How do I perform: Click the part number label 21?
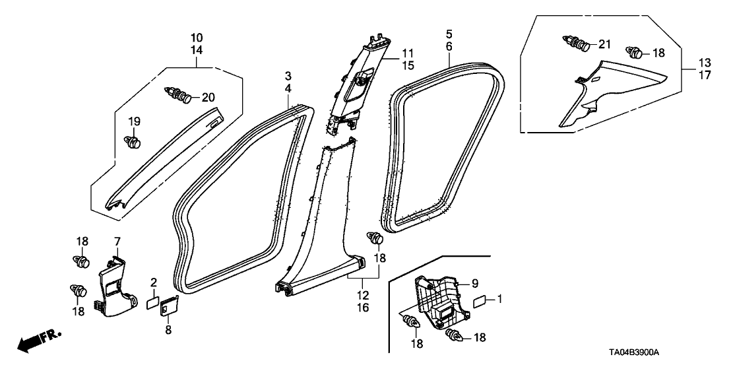pos(605,44)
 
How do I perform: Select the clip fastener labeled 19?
pos(134,141)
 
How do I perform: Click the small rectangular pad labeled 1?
pos(483,301)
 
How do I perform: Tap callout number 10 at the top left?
pos(197,37)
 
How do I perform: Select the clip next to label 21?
pos(578,44)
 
